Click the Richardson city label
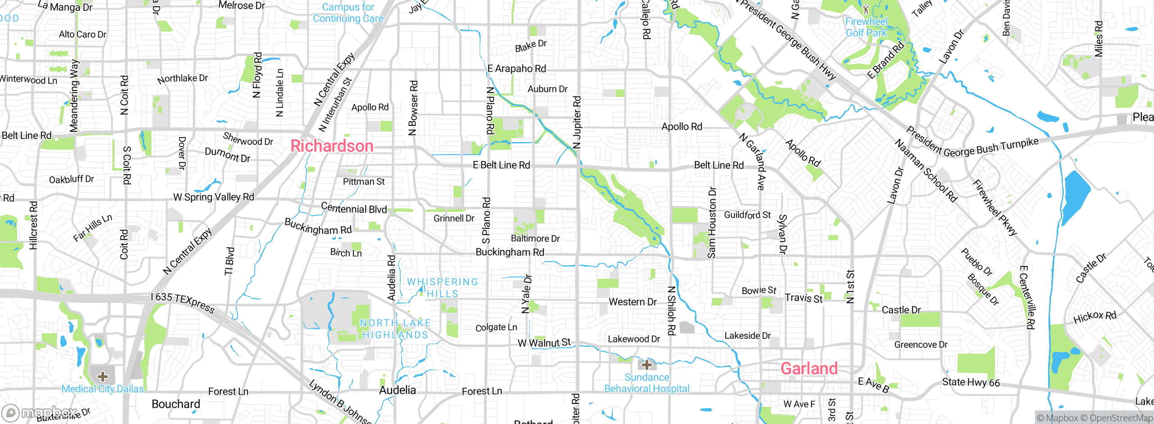point(332,146)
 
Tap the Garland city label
point(809,369)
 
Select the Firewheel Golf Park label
point(866,27)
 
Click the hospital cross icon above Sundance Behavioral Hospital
point(646,364)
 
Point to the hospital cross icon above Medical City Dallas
point(103,376)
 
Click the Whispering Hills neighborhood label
point(442,288)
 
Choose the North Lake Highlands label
point(395,329)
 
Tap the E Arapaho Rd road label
point(517,69)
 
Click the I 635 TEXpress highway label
point(183,303)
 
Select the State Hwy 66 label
point(971,383)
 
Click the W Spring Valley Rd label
point(214,197)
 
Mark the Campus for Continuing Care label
point(348,13)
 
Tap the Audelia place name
point(397,390)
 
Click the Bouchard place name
point(176,404)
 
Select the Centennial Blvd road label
point(354,208)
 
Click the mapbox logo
point(40,412)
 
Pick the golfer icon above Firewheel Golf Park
point(865,9)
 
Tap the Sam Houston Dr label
point(712,222)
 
